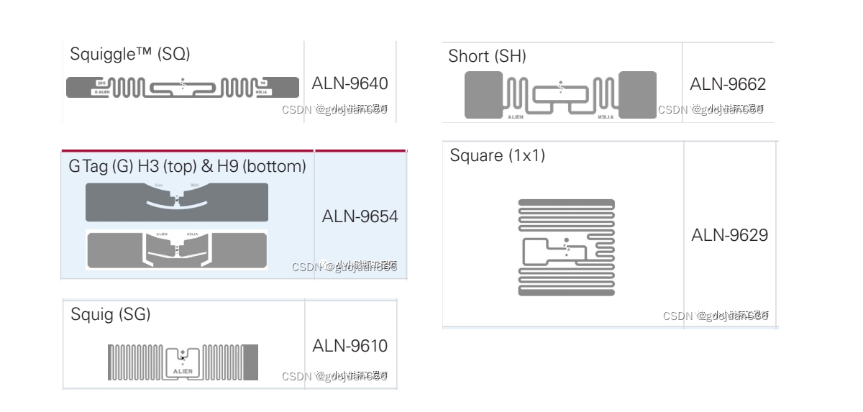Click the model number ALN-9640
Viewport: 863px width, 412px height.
click(x=350, y=83)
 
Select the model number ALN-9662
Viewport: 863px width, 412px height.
click(x=728, y=84)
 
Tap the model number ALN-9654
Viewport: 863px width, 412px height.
click(x=360, y=216)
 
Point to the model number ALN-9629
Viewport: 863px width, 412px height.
click(x=729, y=235)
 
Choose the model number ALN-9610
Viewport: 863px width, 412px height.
click(x=350, y=346)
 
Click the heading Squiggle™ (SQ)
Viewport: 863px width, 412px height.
click(x=129, y=54)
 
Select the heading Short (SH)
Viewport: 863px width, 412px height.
click(x=487, y=56)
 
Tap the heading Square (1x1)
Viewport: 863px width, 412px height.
click(x=497, y=155)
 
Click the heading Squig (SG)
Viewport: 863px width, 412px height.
click(x=110, y=314)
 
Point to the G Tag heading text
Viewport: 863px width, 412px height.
click(x=187, y=167)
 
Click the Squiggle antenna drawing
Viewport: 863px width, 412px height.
click(x=183, y=88)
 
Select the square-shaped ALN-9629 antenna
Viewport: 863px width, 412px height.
click(x=567, y=247)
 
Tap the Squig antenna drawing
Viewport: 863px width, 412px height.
click(x=183, y=362)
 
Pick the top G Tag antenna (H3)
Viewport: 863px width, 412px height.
click(x=177, y=202)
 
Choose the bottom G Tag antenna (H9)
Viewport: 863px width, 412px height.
click(x=177, y=250)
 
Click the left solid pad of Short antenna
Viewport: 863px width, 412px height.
click(x=483, y=95)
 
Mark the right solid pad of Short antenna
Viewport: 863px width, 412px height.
click(x=637, y=95)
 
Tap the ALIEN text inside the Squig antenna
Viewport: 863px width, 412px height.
click(x=183, y=372)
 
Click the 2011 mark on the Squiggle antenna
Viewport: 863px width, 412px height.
click(x=101, y=83)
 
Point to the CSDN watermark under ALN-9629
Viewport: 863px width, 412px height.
click(x=716, y=316)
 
